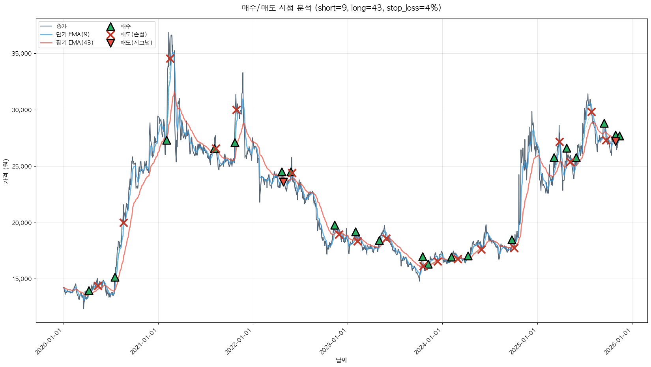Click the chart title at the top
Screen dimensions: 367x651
(341, 8)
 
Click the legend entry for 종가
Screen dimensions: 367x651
(62, 26)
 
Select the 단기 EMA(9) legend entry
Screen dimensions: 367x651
(73, 34)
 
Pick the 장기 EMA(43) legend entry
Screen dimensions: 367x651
(75, 43)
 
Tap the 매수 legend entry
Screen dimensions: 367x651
(125, 26)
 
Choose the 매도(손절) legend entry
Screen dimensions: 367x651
(133, 34)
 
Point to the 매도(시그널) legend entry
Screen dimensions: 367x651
(136, 43)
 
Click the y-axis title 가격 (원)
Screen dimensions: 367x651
(6, 172)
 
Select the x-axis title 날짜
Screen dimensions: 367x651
(341, 360)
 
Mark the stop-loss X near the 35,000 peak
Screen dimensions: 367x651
(170, 58)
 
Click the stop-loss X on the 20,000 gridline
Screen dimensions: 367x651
(123, 223)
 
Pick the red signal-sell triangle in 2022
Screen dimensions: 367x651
(283, 182)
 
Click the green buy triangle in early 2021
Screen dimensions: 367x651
(166, 140)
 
